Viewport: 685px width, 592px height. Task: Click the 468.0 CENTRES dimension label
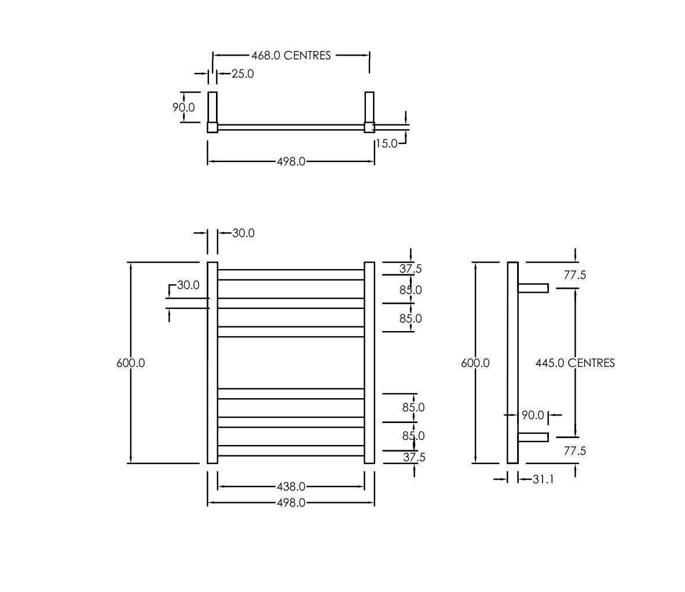click(291, 56)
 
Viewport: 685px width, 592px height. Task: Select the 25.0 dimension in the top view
click(243, 73)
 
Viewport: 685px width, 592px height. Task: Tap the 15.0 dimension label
click(387, 143)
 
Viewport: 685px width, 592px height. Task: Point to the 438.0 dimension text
click(291, 486)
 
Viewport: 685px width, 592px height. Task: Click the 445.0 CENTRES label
click(575, 363)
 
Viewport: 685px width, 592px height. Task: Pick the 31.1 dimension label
click(543, 479)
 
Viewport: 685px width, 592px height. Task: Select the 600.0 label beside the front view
click(131, 363)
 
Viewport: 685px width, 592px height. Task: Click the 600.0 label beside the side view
click(475, 363)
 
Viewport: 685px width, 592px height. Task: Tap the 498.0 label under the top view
click(291, 161)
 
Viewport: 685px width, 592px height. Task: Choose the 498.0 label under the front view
click(291, 503)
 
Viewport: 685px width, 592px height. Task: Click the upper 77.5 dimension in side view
click(575, 275)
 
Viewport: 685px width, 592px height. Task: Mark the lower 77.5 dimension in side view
click(575, 451)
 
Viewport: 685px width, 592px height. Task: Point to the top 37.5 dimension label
click(411, 269)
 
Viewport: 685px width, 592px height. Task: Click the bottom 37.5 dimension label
click(414, 457)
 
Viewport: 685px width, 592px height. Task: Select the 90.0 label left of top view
click(184, 108)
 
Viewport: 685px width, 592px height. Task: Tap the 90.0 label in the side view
click(533, 415)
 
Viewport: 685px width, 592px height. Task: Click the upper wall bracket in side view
click(533, 288)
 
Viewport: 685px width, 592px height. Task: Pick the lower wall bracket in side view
click(533, 437)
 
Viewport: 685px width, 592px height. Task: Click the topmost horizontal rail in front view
click(291, 275)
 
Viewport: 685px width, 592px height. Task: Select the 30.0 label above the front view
click(243, 233)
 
